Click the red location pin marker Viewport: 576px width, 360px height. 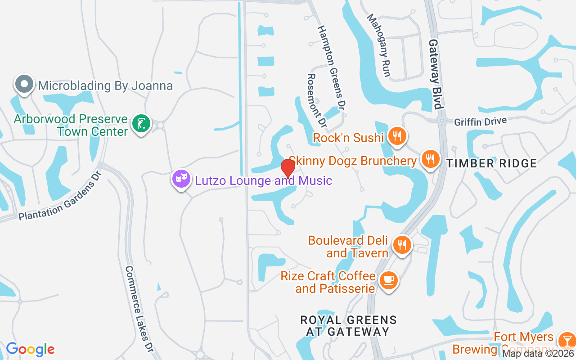pyautogui.click(x=288, y=168)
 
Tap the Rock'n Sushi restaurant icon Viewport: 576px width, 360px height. pyautogui.click(x=396, y=136)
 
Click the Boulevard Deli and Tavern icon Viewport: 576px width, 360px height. pyautogui.click(x=402, y=245)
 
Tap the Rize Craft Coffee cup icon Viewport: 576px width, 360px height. pyautogui.click(x=388, y=280)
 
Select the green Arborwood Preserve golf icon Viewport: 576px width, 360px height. pyautogui.click(x=141, y=123)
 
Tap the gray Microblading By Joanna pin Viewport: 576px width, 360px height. pyautogui.click(x=24, y=85)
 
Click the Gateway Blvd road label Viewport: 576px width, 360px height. pyautogui.click(x=435, y=74)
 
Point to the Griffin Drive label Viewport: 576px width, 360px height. pyautogui.click(x=480, y=121)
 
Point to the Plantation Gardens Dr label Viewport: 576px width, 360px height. pyautogui.click(x=60, y=200)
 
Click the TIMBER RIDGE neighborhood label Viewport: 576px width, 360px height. pyautogui.click(x=492, y=163)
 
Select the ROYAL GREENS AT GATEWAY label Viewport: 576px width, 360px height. pyautogui.click(x=349, y=326)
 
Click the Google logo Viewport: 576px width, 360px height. pyautogui.click(x=30, y=349)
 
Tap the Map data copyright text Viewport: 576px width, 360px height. pyautogui.click(x=538, y=353)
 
